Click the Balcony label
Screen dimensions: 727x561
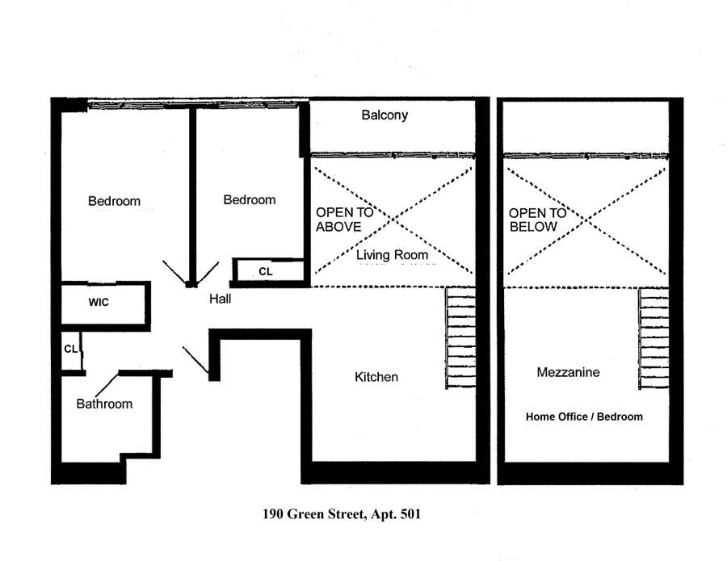coord(385,115)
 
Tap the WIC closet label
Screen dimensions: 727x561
coord(99,303)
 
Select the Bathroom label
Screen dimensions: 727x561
coord(104,404)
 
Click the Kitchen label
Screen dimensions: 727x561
coord(376,377)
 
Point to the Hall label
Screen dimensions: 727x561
coord(220,299)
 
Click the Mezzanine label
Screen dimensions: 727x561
coord(568,373)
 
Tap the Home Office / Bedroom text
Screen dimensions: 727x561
coord(584,417)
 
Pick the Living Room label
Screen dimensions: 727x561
coord(393,255)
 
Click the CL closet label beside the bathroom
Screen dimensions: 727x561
coord(70,349)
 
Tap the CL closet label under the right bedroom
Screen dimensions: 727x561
coord(266,272)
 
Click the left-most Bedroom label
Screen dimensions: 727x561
coord(114,201)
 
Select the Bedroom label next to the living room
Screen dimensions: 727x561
coord(250,200)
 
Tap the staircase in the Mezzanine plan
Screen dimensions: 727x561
coord(653,339)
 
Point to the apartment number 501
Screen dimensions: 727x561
coord(410,514)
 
